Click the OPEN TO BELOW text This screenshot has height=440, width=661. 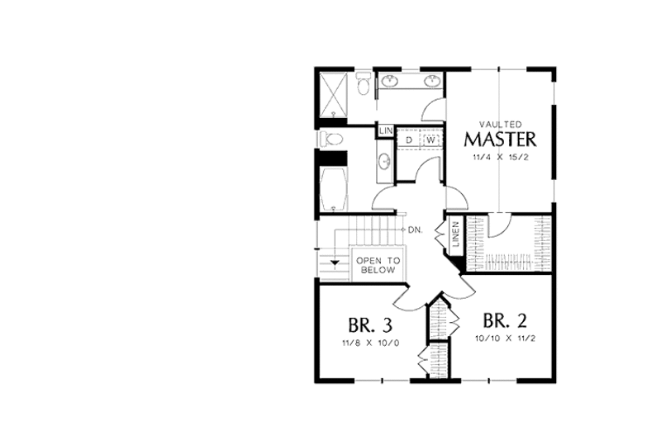[378, 265]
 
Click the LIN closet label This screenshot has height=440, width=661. [385, 131]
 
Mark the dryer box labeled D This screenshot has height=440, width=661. [409, 140]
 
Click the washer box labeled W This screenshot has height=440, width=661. [430, 140]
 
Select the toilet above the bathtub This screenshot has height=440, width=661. [330, 139]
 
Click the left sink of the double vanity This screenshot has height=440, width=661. [392, 82]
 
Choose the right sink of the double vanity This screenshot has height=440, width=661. [431, 82]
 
